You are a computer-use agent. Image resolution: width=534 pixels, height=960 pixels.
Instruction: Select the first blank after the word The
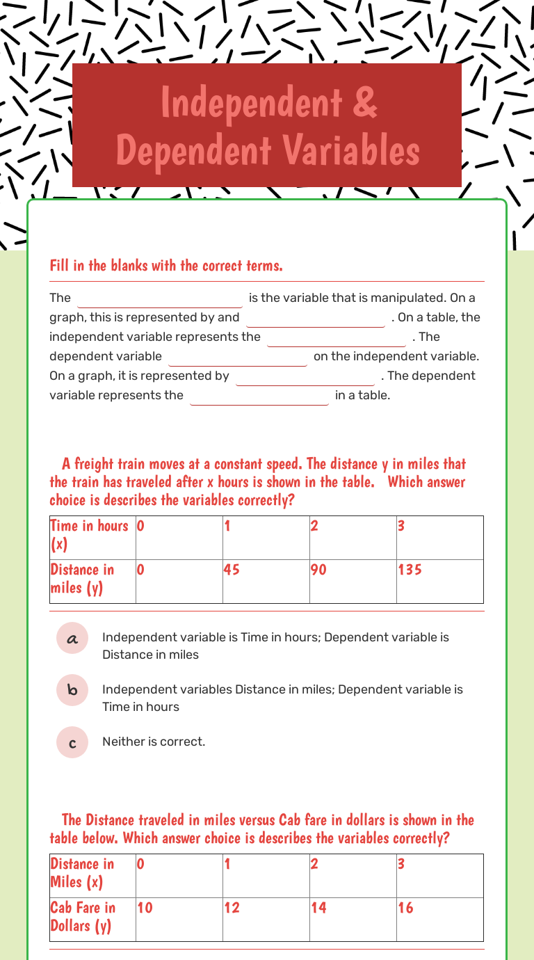(x=160, y=298)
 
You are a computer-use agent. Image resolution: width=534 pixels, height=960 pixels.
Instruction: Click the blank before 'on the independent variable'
(x=237, y=357)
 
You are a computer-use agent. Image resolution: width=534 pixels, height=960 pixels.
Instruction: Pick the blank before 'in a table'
(x=259, y=396)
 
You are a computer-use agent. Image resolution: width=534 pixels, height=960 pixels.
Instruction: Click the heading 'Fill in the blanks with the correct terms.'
(x=166, y=265)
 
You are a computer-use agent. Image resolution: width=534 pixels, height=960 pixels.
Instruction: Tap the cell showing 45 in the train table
(x=266, y=581)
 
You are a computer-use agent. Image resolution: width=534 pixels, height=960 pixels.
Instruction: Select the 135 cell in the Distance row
(x=439, y=581)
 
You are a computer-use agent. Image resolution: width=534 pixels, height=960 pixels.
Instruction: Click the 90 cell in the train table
(x=353, y=581)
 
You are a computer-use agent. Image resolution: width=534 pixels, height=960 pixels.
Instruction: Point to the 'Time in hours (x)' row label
(x=92, y=536)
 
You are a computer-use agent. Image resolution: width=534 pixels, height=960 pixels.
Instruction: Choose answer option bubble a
(x=72, y=638)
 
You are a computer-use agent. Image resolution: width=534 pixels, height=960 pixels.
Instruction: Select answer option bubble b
(x=72, y=690)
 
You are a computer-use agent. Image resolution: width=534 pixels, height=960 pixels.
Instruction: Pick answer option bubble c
(x=72, y=742)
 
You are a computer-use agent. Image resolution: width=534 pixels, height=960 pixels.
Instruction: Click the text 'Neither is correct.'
(x=154, y=742)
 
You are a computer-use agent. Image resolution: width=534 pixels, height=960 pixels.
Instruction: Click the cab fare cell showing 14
(x=353, y=918)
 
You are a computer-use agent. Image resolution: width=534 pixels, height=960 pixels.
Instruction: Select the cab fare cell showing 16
(x=439, y=918)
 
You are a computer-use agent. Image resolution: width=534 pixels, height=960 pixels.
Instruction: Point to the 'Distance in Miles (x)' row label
(x=92, y=874)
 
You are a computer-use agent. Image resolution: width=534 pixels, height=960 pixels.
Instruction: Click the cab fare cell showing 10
(x=179, y=918)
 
